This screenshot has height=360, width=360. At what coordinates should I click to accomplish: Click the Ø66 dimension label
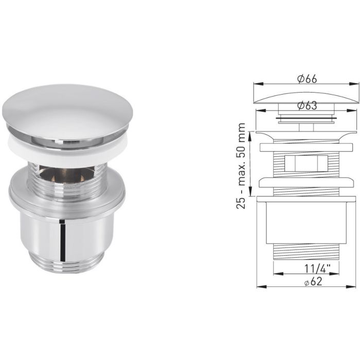[x=307, y=79]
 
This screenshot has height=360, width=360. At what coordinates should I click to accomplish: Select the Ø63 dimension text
[x=307, y=106]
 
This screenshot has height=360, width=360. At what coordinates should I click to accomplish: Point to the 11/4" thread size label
[x=307, y=268]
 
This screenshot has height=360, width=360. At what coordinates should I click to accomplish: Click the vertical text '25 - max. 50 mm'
[x=241, y=164]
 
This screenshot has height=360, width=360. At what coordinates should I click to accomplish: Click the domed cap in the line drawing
[x=307, y=97]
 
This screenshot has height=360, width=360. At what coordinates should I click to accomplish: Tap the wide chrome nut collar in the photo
[x=67, y=193]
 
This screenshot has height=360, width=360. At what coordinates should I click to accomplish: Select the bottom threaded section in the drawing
[x=307, y=252]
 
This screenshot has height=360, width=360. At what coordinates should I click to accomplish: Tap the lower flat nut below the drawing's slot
[x=307, y=183]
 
